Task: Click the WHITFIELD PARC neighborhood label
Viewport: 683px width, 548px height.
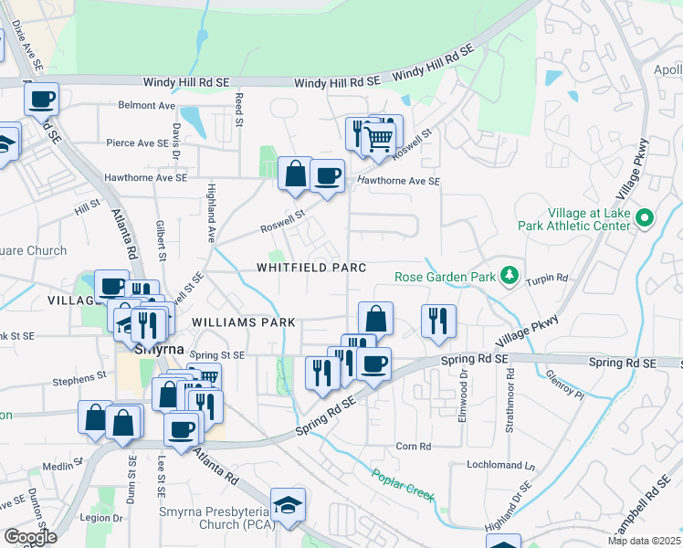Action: pyautogui.click(x=311, y=268)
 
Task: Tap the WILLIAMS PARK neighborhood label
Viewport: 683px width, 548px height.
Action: pyautogui.click(x=243, y=322)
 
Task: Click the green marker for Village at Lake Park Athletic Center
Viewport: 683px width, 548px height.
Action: pyautogui.click(x=645, y=217)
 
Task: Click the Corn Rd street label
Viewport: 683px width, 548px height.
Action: pyautogui.click(x=413, y=447)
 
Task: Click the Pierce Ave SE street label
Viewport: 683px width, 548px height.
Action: pyautogui.click(x=138, y=142)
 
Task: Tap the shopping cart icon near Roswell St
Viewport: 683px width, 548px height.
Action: pyautogui.click(x=378, y=140)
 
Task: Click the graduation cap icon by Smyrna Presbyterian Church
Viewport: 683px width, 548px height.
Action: pyautogui.click(x=289, y=505)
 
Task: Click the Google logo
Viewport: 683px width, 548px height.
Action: pyautogui.click(x=31, y=537)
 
